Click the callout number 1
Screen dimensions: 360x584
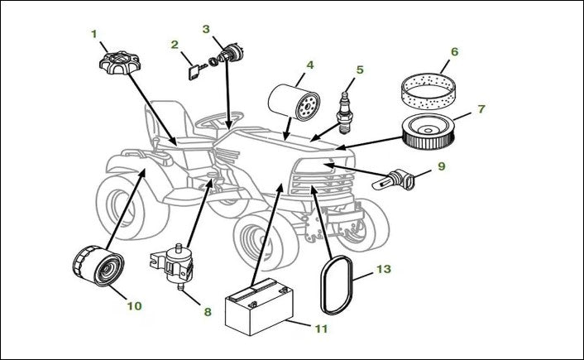(94, 34)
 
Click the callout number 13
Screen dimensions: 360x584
(383, 269)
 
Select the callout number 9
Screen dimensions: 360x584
(441, 166)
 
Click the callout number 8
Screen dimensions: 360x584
(207, 312)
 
